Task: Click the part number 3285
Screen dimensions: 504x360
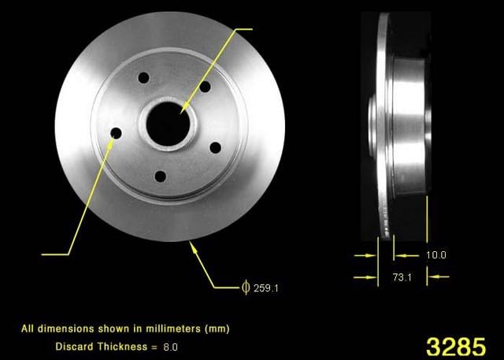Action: (456, 347)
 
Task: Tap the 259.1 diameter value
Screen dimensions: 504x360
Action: (266, 288)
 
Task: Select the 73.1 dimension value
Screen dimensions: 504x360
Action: (402, 277)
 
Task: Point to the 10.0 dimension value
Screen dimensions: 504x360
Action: (435, 255)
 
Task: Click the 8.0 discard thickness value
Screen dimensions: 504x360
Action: (170, 347)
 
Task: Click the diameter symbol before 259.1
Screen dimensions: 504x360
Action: (246, 287)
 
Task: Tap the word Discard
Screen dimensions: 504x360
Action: (75, 347)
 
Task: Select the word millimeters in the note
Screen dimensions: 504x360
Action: (173, 328)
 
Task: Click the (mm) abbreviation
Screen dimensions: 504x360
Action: (217, 328)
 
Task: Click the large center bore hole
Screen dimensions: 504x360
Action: (168, 124)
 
